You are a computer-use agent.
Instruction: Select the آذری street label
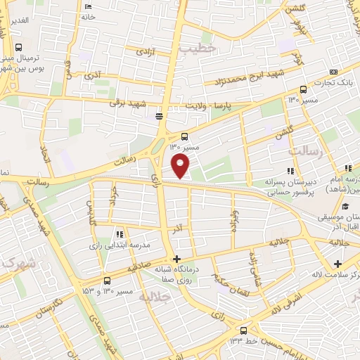pos(91,74)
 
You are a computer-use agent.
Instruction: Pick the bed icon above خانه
pos(88,6)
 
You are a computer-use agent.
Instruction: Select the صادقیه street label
pos(138,269)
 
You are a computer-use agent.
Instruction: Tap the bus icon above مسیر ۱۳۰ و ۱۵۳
pos(106,279)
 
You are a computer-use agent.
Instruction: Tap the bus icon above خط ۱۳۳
pos(243,330)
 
